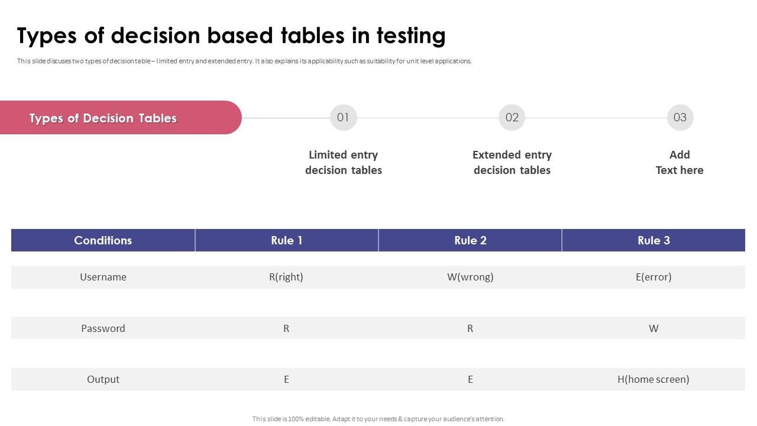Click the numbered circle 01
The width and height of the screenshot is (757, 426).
[x=343, y=117]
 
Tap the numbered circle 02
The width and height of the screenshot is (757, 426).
[x=512, y=117]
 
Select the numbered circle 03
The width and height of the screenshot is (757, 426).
[x=680, y=117]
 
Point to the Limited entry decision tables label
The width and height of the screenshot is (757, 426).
[x=343, y=162]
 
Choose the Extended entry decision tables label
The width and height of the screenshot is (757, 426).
[x=512, y=162]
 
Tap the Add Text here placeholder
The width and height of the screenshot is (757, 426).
[x=680, y=162]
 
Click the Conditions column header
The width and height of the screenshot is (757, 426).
[x=103, y=240]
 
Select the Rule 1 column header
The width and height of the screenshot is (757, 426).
[x=286, y=240]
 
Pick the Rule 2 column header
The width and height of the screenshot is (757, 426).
[x=470, y=240]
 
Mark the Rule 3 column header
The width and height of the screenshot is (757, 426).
[x=654, y=240]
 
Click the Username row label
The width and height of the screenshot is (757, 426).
[x=103, y=277]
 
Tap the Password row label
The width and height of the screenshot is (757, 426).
[x=103, y=328]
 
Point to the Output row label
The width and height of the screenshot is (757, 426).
[x=103, y=379]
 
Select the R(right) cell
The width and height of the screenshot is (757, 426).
[x=286, y=277]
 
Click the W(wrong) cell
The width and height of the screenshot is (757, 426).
[x=470, y=277]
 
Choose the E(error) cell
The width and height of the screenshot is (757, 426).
[x=654, y=277]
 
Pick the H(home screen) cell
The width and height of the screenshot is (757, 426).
[x=654, y=379]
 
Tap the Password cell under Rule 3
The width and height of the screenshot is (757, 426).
[x=654, y=328]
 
